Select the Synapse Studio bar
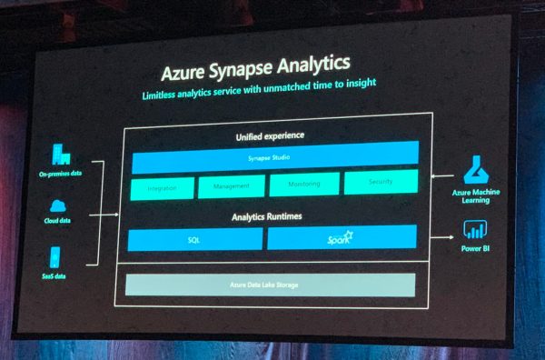click(x=275, y=158)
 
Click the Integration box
click(x=163, y=187)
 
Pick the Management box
click(x=231, y=186)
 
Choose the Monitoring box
click(x=303, y=185)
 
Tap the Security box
click(x=381, y=183)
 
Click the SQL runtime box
click(x=194, y=240)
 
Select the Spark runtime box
click(x=342, y=238)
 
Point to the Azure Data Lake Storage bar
click(x=270, y=285)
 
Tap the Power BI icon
click(x=472, y=228)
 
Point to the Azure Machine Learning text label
click(x=477, y=196)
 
